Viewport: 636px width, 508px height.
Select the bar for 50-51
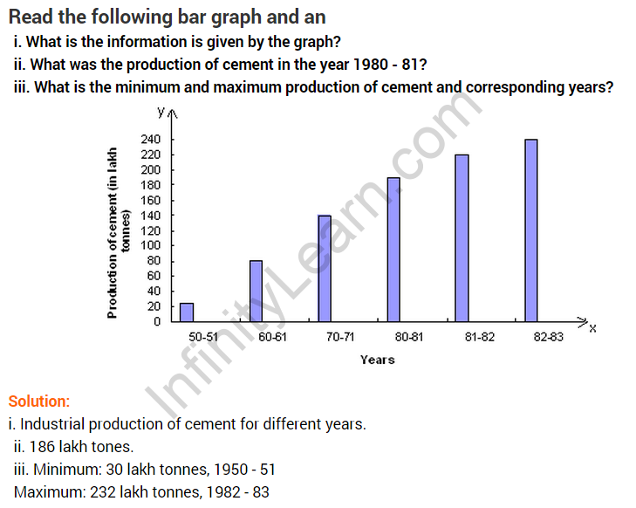click(187, 312)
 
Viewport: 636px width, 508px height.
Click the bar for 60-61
click(256, 291)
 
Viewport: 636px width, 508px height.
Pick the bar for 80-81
click(393, 249)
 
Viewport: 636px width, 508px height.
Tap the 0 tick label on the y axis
click(157, 321)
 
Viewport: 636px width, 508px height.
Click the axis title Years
click(377, 359)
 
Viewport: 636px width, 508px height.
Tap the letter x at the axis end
click(592, 327)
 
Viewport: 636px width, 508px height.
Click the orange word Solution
click(38, 402)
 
